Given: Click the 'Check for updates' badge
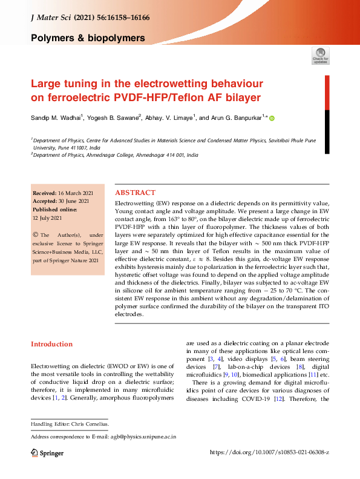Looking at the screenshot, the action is [320, 56].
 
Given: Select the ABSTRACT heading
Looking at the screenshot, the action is [135, 190].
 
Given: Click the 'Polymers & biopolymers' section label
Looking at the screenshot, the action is [88, 38].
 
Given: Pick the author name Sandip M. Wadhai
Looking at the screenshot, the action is [59, 118].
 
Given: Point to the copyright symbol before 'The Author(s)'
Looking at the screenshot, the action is [36, 234].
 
